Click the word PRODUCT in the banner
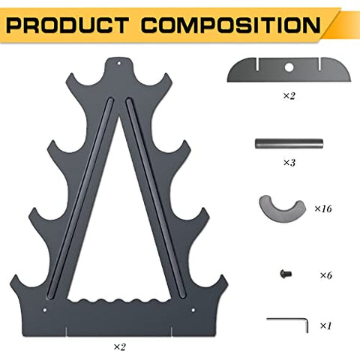tap(67, 25)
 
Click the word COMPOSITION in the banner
tap(231, 25)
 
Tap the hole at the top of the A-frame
tap(119, 63)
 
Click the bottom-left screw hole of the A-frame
tap(45, 310)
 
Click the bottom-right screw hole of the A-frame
tap(193, 310)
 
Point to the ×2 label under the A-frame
tap(119, 346)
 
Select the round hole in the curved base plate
tap(289, 67)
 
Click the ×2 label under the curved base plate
tap(289, 96)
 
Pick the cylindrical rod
tap(289, 144)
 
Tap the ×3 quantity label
tap(289, 163)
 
